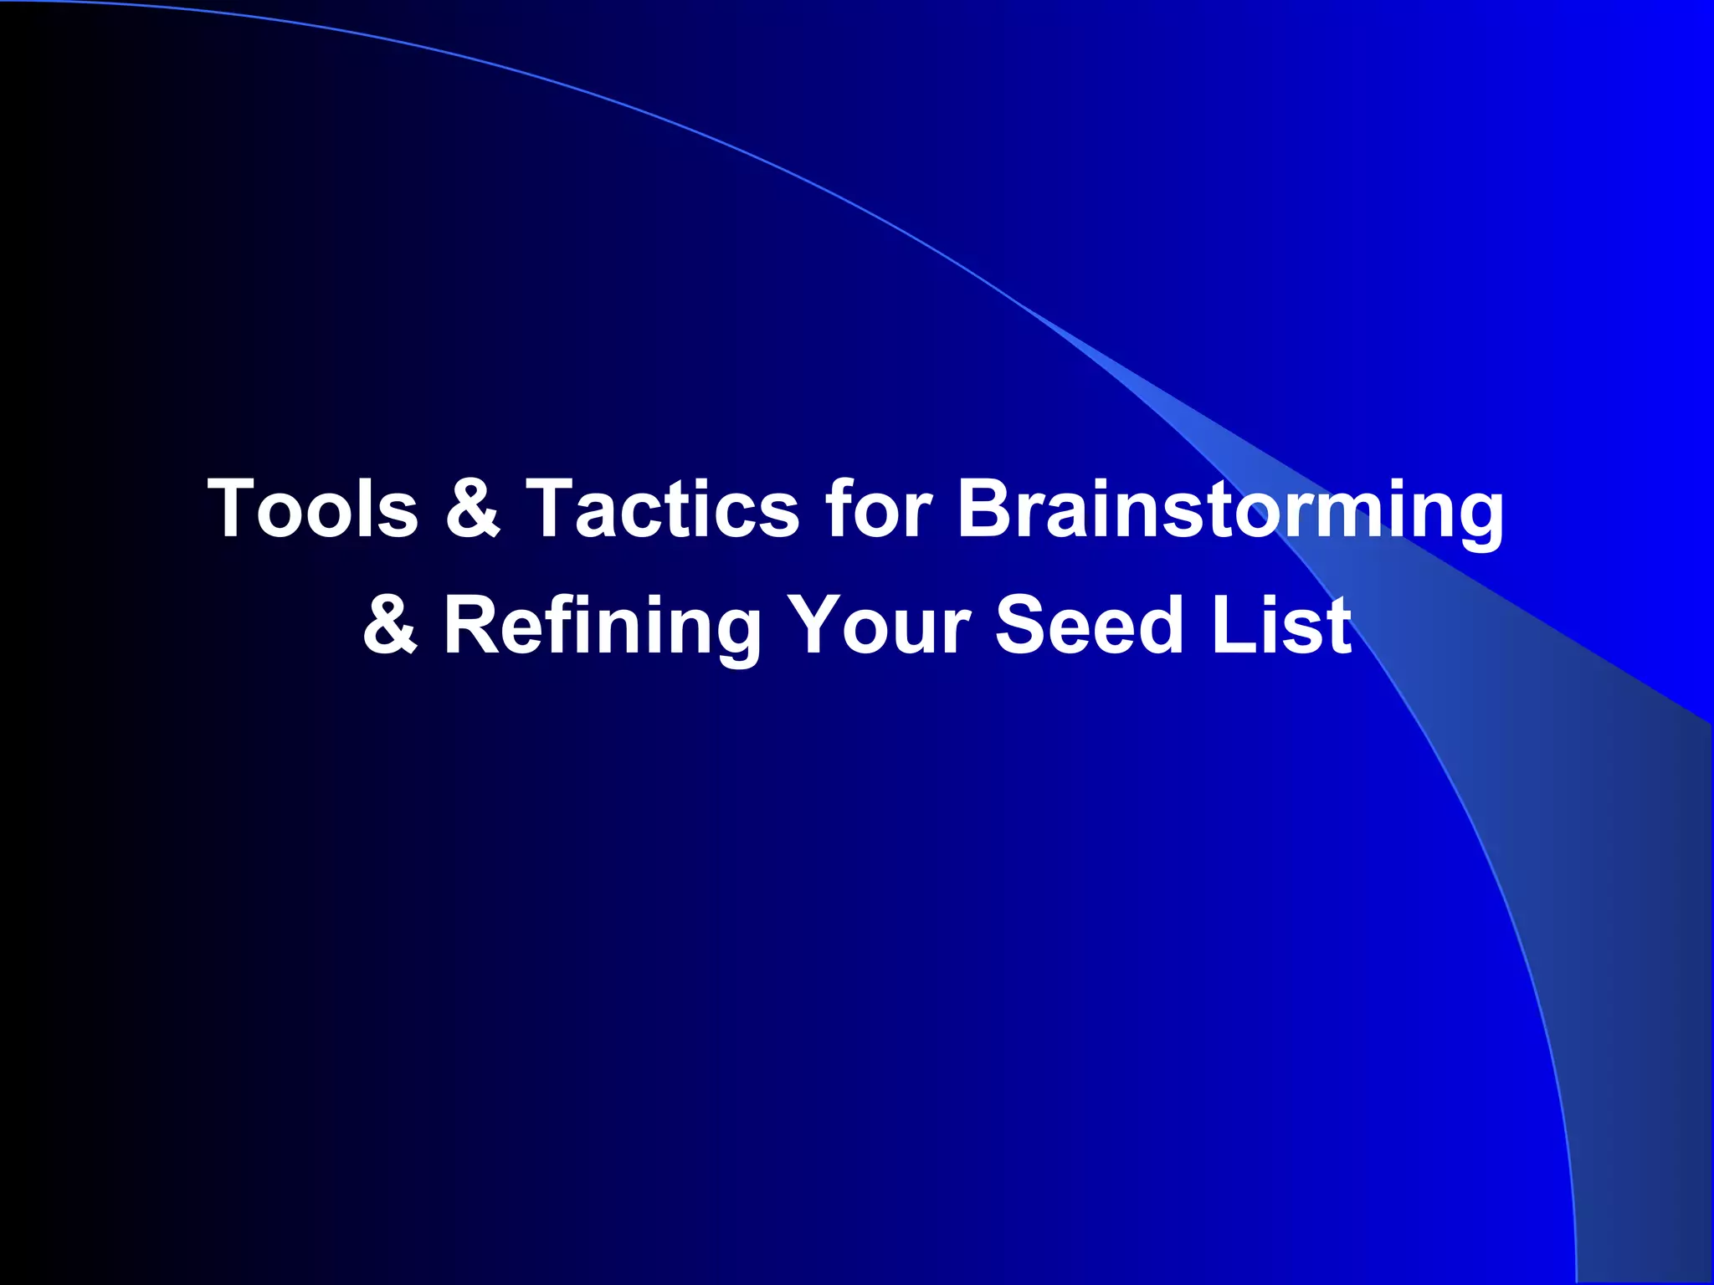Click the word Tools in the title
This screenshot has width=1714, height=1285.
[x=312, y=509]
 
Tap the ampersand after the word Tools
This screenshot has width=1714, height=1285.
[x=472, y=509]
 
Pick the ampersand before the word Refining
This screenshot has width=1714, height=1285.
[x=390, y=625]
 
